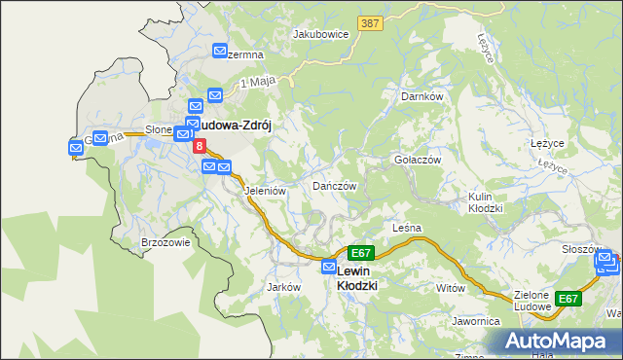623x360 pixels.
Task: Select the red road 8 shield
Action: pyautogui.click(x=200, y=146)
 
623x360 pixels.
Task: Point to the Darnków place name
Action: pyautogui.click(x=422, y=96)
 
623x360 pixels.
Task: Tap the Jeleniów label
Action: pyautogui.click(x=264, y=192)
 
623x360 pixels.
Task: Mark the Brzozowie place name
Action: pyautogui.click(x=165, y=242)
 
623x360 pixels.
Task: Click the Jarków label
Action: pyautogui.click(x=282, y=288)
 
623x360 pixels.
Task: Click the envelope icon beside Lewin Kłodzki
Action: pyautogui.click(x=329, y=267)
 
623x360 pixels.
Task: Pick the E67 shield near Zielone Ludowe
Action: pyautogui.click(x=568, y=299)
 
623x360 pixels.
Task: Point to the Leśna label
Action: pyautogui.click(x=406, y=228)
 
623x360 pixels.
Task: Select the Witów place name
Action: pyautogui.click(x=451, y=288)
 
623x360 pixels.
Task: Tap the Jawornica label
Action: pyautogui.click(x=475, y=320)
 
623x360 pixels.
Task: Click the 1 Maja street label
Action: pyautogui.click(x=256, y=82)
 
